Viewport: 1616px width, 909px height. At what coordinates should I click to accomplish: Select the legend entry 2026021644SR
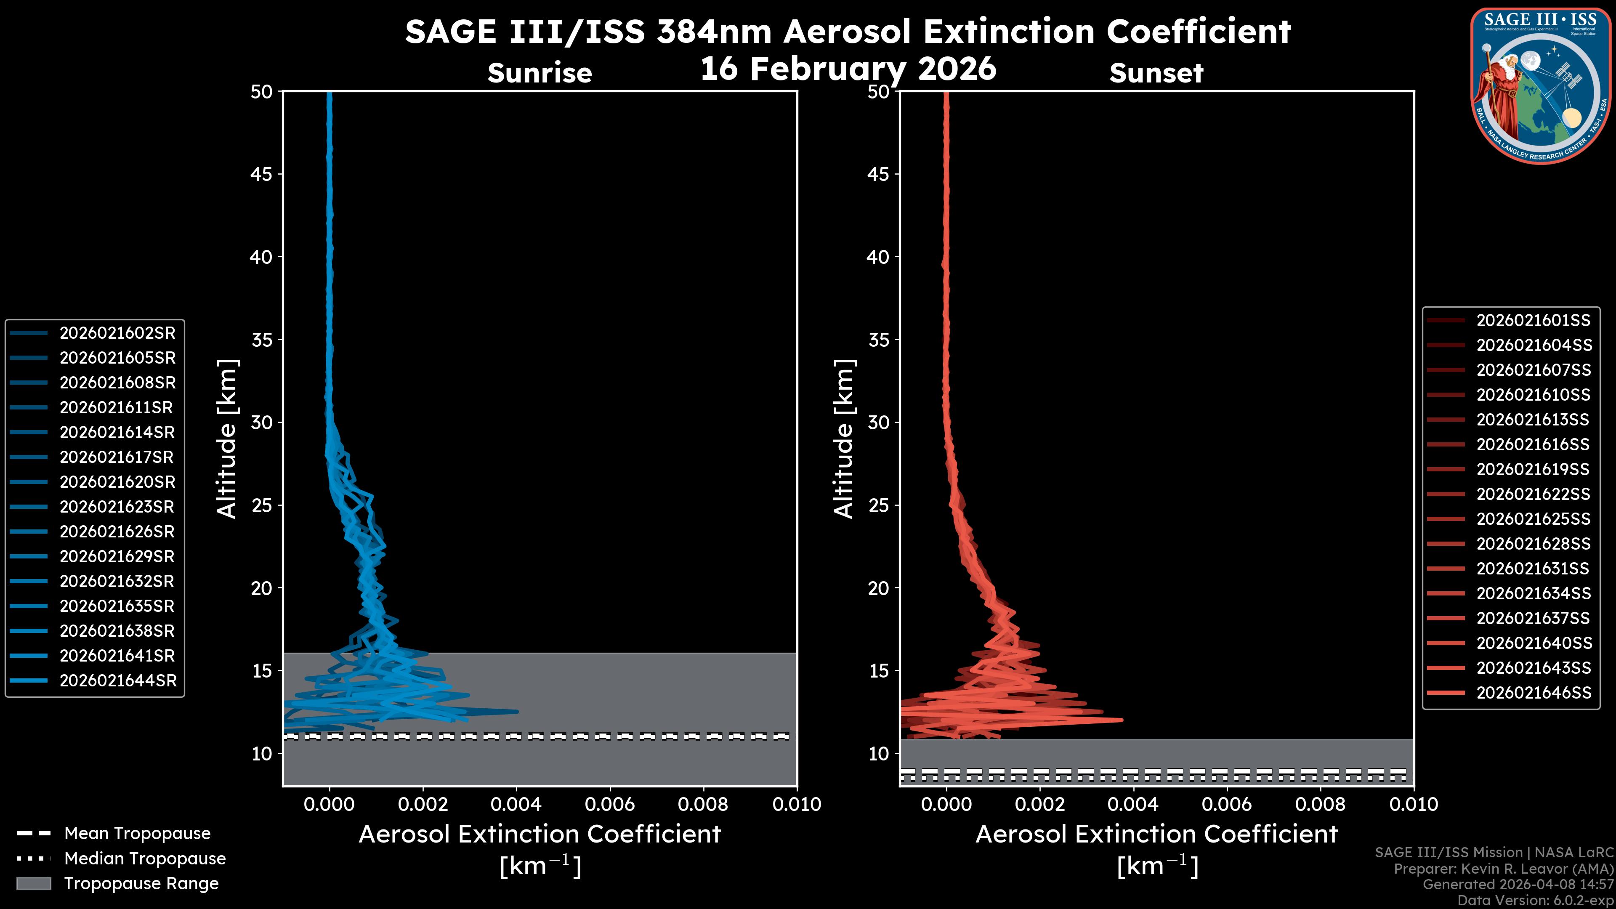click(x=118, y=680)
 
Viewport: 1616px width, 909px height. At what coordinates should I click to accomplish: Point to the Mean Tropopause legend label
click(x=137, y=833)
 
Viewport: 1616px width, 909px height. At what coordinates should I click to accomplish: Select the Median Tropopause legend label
click(x=145, y=858)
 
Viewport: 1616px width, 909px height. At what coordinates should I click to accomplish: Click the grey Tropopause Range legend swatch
click(x=33, y=883)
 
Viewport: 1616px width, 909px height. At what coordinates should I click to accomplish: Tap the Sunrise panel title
click(x=540, y=73)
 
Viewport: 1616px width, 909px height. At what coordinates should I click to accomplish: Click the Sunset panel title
click(x=1156, y=73)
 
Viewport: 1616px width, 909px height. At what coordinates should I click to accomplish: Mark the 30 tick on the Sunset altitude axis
click(x=878, y=422)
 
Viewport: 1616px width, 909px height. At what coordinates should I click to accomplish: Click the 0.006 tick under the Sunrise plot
click(x=610, y=804)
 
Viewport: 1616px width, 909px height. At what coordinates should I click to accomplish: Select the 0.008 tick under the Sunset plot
click(x=1321, y=804)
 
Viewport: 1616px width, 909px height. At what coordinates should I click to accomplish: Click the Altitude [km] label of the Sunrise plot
click(x=226, y=439)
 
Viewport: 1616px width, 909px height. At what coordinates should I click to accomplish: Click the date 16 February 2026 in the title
click(x=848, y=68)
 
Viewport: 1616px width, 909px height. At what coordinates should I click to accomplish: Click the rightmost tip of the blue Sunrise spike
click(x=518, y=711)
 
